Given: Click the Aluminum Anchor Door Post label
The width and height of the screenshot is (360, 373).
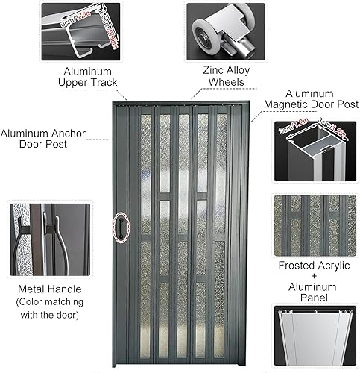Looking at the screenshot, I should click(42, 137).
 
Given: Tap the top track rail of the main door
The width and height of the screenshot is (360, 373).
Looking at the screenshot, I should click(177, 104).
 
